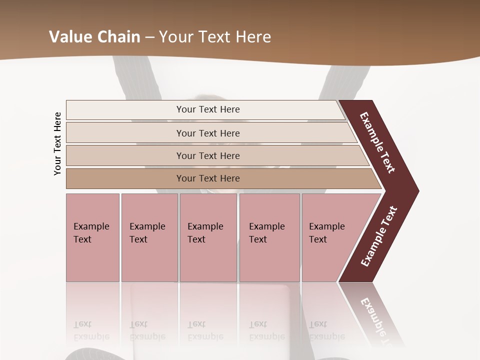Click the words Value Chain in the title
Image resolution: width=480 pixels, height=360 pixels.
click(94, 37)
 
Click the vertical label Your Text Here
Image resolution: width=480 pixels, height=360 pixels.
click(57, 143)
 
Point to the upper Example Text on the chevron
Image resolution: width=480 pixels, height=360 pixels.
click(377, 142)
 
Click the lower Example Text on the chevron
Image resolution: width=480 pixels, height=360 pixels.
click(379, 236)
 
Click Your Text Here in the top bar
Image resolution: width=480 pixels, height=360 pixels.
click(208, 109)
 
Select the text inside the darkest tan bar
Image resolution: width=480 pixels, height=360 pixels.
click(208, 178)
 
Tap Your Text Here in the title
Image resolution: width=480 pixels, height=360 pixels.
click(215, 37)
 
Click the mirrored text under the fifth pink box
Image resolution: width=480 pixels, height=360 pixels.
click(327, 331)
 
